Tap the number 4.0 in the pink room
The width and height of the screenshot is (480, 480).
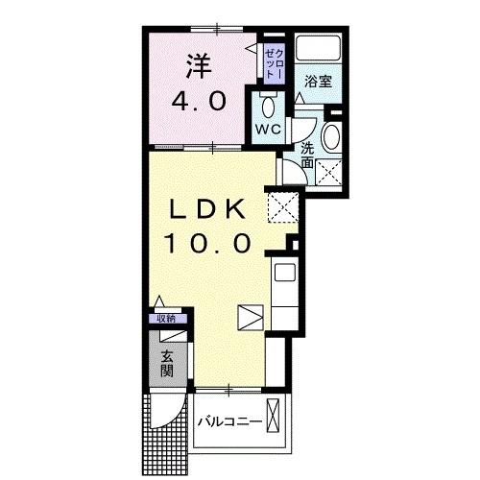click(199, 100)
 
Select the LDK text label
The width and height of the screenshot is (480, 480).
click(209, 210)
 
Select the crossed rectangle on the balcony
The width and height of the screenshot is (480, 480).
click(276, 419)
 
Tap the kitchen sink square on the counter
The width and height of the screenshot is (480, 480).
click(285, 273)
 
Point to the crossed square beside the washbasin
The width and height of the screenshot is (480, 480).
click(330, 174)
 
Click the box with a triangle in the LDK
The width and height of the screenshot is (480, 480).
click(250, 318)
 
